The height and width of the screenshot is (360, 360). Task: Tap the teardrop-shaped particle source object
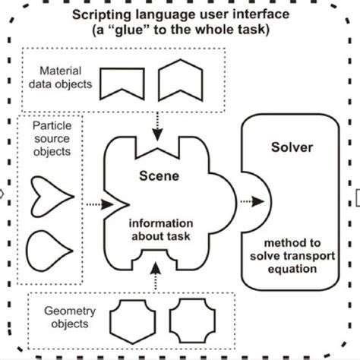47,248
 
